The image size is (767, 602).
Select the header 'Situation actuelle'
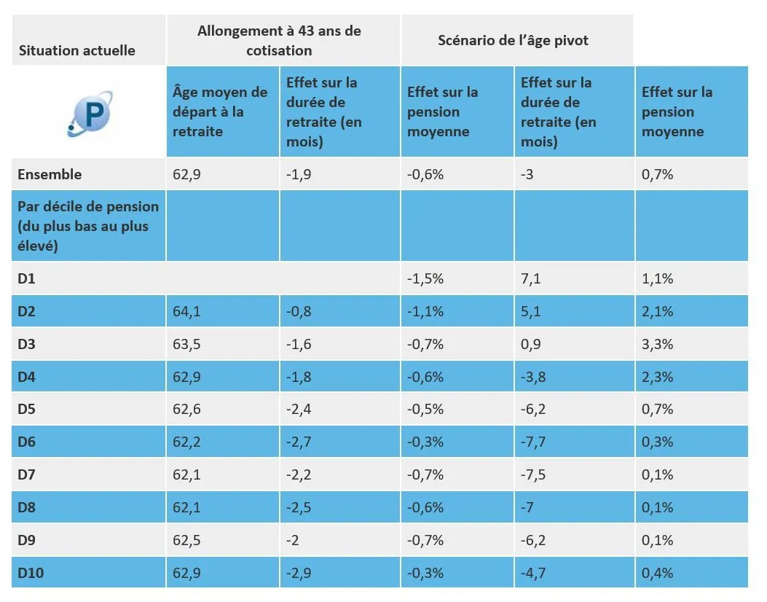coord(76,50)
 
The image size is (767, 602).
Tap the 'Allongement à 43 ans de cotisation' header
coord(279,41)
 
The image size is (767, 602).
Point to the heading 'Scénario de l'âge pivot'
coord(513,41)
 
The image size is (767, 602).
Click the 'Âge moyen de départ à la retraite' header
coord(220,112)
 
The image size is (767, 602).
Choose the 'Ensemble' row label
coord(50,174)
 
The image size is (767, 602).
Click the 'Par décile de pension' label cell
coord(88,226)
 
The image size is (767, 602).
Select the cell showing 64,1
coord(186,312)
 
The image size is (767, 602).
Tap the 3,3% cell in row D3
coord(657,344)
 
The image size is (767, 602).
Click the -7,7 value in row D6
coord(534,442)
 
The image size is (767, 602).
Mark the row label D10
coord(31,573)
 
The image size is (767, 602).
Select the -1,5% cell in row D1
coord(425,279)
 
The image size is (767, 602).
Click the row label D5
coord(28,409)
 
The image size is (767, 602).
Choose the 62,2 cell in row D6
coord(186,442)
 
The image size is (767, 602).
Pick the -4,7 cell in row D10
coord(534,573)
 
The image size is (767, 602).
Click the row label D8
coord(28,507)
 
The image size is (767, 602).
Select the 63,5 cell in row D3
coord(186,344)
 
